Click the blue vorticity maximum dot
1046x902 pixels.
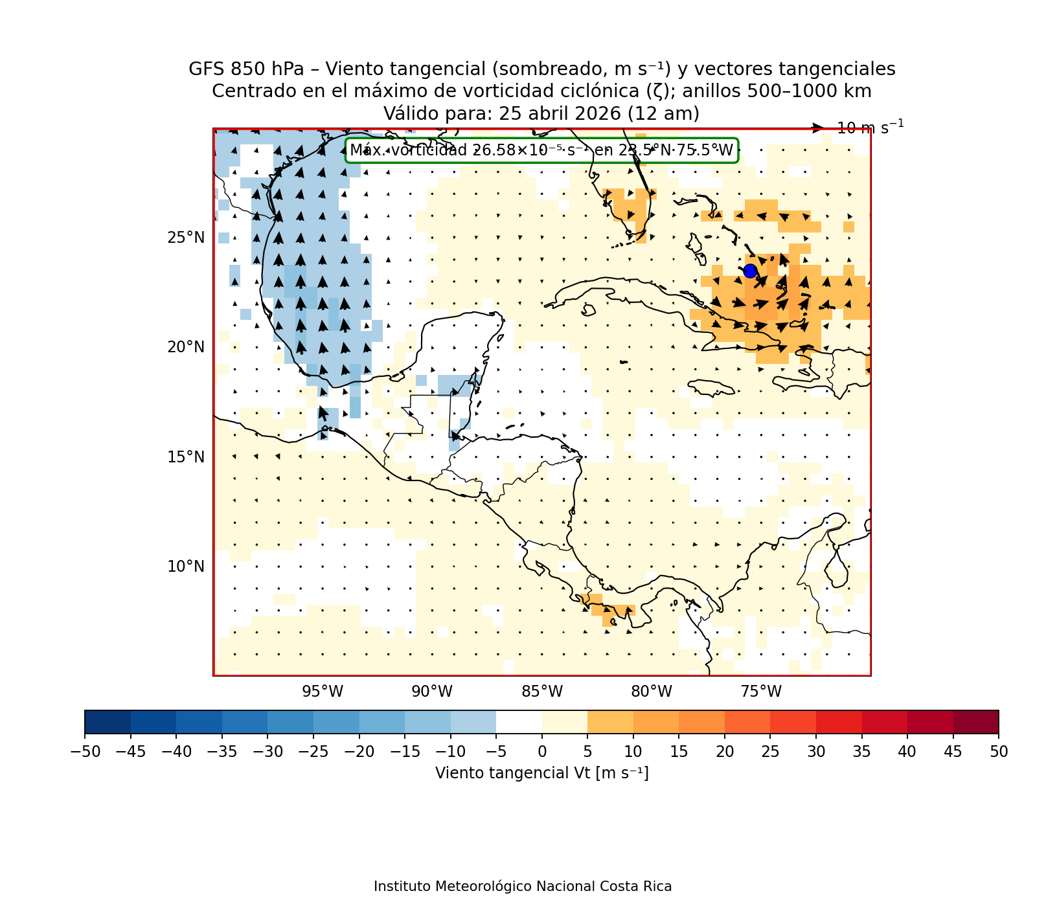coord(750,271)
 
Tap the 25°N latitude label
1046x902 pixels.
coord(186,238)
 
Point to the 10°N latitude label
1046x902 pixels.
coord(186,567)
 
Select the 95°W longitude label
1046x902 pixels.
coord(323,692)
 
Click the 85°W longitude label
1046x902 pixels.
coord(542,692)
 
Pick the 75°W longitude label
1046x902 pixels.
coord(761,692)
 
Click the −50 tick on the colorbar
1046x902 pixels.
coord(85,751)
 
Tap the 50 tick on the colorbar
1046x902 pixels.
coord(999,751)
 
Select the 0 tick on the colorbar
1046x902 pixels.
coord(542,751)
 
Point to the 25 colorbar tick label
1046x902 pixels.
coord(770,751)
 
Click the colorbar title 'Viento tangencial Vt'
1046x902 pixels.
coord(541,773)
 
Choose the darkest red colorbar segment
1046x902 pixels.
coord(975,721)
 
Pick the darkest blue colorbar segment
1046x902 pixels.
coord(108,721)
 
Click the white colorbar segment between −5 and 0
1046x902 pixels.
coord(519,721)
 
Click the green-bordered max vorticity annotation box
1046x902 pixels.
coord(541,151)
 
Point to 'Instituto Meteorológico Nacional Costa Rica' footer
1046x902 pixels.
coord(523,886)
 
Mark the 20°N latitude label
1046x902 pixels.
coord(186,347)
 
